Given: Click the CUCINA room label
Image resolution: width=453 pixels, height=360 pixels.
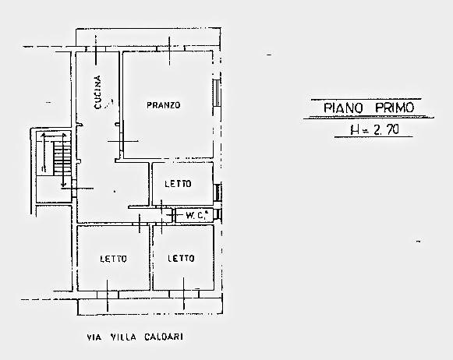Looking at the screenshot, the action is pyautogui.click(x=98, y=93).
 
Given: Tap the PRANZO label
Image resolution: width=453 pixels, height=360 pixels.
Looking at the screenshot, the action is pyautogui.click(x=164, y=105).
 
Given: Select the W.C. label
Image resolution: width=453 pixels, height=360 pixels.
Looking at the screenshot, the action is pyautogui.click(x=196, y=215).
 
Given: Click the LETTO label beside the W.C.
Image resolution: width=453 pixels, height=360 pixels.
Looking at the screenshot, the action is pyautogui.click(x=178, y=184).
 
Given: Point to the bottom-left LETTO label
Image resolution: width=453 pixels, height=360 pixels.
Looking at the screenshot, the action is pyautogui.click(x=113, y=259).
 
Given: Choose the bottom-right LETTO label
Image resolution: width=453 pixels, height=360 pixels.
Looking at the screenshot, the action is pyautogui.click(x=181, y=258).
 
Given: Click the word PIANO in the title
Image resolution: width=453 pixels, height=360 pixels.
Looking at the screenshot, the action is pyautogui.click(x=343, y=108).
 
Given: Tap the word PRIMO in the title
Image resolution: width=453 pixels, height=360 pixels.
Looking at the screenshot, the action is pyautogui.click(x=395, y=108).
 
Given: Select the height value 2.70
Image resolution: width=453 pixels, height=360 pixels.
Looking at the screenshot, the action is pyautogui.click(x=386, y=130).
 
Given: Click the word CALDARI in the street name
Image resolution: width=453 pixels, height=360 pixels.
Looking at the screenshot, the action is pyautogui.click(x=164, y=337).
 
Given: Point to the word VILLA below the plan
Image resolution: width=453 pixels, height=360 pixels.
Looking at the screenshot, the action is pyautogui.click(x=123, y=337).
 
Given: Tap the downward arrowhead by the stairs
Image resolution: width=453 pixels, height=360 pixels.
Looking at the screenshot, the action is pyautogui.click(x=64, y=184).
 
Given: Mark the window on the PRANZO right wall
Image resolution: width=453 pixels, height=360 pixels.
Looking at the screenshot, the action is pyautogui.click(x=217, y=94).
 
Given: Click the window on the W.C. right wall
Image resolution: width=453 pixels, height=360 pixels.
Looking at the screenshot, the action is pyautogui.click(x=218, y=214).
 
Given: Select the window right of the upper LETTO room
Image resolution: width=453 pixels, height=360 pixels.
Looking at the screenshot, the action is pyautogui.click(x=218, y=192).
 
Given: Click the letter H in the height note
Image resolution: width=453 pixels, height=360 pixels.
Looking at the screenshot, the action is pyautogui.click(x=354, y=130).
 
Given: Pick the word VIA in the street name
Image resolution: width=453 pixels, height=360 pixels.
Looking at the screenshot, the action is pyautogui.click(x=94, y=337).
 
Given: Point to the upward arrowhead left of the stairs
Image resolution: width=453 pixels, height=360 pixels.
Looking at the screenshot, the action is pyautogui.click(x=44, y=135).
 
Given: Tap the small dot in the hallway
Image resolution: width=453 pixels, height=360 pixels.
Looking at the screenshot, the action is pyautogui.click(x=115, y=191).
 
